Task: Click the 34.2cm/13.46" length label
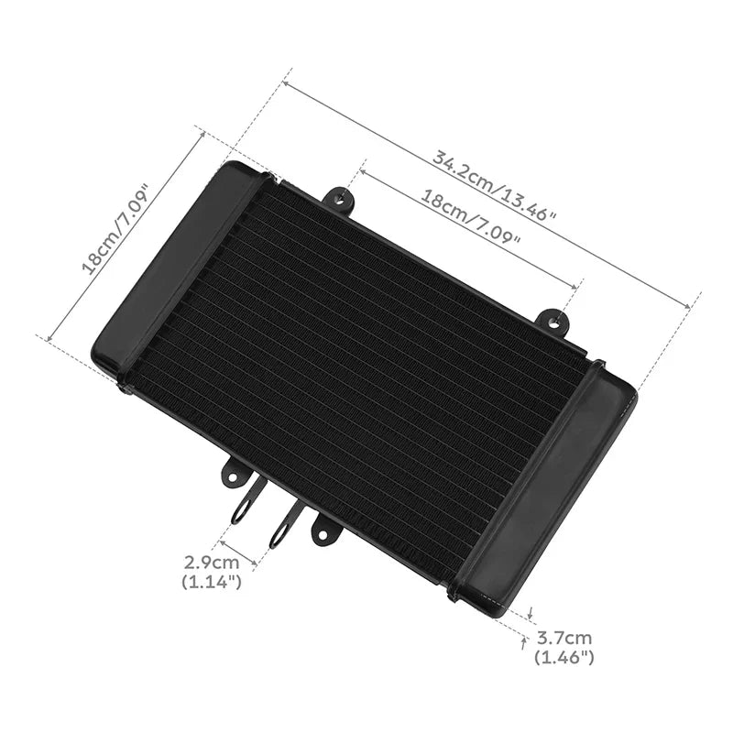pyautogui.click(x=494, y=185)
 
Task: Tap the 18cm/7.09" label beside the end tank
pyautogui.click(x=115, y=229)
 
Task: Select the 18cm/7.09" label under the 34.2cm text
pyautogui.click(x=471, y=217)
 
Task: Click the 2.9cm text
pyautogui.click(x=212, y=562)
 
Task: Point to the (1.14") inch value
pyautogui.click(x=212, y=582)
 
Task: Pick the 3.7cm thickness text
pyautogui.click(x=563, y=638)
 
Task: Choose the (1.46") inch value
pyautogui.click(x=563, y=658)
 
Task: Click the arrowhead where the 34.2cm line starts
pyautogui.click(x=286, y=84)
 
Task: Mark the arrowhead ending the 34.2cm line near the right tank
pyautogui.click(x=687, y=305)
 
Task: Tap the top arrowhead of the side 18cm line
pyautogui.click(x=202, y=134)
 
